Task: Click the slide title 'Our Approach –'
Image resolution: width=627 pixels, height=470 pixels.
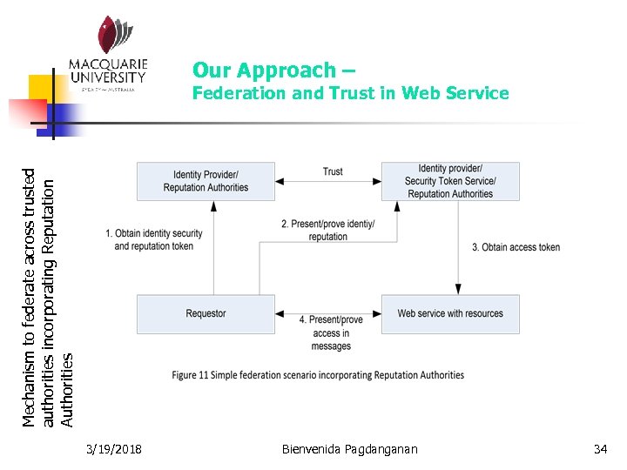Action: [x=273, y=70]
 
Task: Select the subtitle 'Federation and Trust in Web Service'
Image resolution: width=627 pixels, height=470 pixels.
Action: [x=350, y=93]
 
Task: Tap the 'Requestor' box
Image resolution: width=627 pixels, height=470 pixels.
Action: [x=206, y=314]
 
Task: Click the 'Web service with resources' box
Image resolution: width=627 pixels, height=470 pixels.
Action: [x=450, y=314]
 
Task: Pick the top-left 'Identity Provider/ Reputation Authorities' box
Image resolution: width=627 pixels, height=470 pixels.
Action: [x=206, y=181]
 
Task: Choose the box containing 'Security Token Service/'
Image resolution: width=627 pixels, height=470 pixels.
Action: [x=450, y=181]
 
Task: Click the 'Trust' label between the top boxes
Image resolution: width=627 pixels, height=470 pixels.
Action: [x=333, y=171]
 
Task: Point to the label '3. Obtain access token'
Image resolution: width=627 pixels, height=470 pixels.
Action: [x=516, y=247]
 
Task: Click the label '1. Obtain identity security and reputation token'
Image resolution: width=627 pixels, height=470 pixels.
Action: [x=154, y=239]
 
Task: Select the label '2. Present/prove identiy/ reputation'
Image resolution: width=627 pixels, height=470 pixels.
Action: [x=328, y=230]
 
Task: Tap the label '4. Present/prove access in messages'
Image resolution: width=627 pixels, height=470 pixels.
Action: [x=331, y=332]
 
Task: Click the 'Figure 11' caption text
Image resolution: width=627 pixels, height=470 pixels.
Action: [x=318, y=375]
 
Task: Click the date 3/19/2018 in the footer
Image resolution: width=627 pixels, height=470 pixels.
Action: [x=116, y=449]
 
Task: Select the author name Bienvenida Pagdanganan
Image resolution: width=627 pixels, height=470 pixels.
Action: [x=350, y=449]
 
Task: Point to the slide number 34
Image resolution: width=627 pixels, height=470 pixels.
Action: [x=600, y=449]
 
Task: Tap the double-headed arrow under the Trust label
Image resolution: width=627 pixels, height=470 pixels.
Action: [x=328, y=182]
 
